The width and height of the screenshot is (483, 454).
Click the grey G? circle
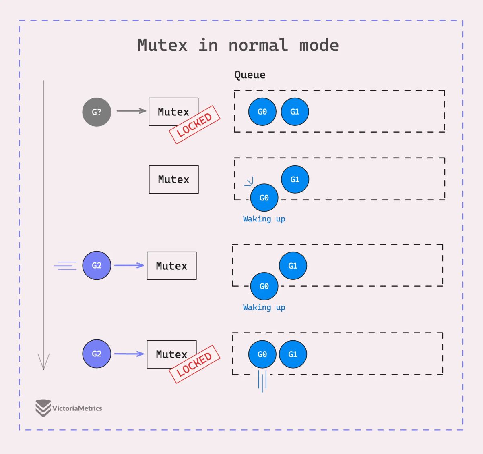pos(97,112)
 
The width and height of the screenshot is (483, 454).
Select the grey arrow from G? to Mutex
pos(131,111)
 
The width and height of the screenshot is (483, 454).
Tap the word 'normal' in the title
pos(258,45)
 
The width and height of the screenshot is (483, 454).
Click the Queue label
pos(250,75)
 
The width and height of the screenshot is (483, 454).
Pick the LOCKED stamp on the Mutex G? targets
pos(194,125)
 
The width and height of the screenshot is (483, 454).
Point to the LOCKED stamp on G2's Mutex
pos(194,364)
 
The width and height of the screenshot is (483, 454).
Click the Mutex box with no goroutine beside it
pos(173,179)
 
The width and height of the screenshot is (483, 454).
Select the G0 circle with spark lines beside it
pos(264,198)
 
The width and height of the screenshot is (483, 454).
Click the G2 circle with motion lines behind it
pos(97,265)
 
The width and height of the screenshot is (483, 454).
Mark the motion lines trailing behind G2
pos(66,265)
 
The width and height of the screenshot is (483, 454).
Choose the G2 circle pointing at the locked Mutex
pos(97,354)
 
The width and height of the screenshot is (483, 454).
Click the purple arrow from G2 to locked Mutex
pos(129,354)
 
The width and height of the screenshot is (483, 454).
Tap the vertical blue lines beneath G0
pos(262,381)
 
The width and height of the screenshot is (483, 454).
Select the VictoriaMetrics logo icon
pos(43,408)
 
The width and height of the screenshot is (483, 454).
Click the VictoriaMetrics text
pos(77,408)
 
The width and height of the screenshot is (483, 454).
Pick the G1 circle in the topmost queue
pos(295,112)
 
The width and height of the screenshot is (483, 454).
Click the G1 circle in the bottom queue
pos(293,354)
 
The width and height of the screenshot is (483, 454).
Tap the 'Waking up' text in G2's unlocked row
pos(264,307)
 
